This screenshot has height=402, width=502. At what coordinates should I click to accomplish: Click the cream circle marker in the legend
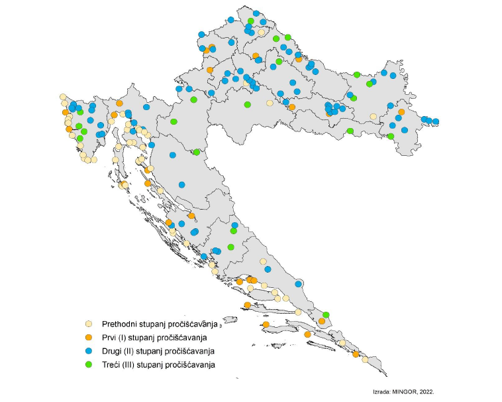click(x=88, y=324)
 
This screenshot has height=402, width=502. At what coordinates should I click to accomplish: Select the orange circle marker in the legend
click(x=88, y=338)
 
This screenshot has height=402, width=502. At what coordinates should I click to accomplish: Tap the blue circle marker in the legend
click(x=88, y=351)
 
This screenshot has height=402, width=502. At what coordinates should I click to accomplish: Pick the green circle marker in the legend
click(x=88, y=364)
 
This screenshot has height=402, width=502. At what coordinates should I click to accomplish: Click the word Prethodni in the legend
click(x=119, y=324)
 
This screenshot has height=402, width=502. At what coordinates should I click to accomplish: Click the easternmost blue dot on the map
click(x=436, y=121)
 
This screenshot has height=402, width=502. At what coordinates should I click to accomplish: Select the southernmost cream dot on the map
click(x=365, y=360)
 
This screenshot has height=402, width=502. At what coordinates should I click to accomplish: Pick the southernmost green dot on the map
click(x=326, y=314)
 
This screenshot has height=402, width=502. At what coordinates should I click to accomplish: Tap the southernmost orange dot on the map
click(x=356, y=354)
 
